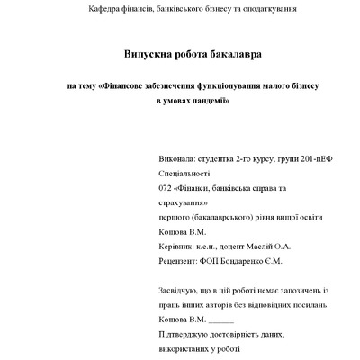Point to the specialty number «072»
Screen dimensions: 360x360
click(164, 188)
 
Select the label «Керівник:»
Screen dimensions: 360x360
click(175, 246)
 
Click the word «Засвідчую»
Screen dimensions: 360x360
click(178, 290)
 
